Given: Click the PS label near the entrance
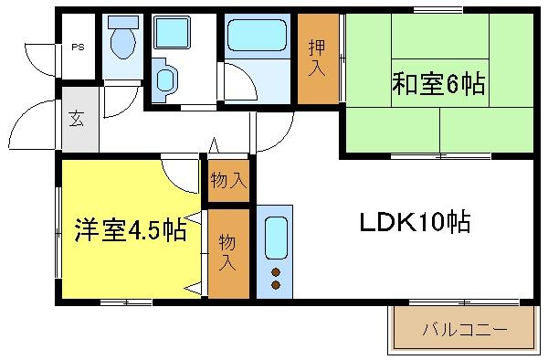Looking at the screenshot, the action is (x=78, y=47).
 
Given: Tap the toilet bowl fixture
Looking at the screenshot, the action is (x=123, y=43).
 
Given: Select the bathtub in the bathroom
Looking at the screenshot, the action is (x=257, y=35).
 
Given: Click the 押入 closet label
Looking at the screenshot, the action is (x=317, y=58).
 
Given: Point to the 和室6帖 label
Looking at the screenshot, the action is (x=438, y=83).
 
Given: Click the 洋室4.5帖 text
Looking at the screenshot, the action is (x=131, y=229).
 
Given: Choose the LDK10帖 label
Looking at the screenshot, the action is (x=415, y=221).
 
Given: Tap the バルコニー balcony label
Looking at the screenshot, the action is (x=465, y=330).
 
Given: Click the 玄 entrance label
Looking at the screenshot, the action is (x=77, y=118).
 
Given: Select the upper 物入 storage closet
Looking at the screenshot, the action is (x=228, y=180).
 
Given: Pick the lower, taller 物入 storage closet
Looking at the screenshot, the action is (x=228, y=254).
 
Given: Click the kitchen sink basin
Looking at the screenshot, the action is (x=276, y=238).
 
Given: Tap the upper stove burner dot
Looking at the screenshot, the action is (x=276, y=272).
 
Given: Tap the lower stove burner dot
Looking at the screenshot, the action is (x=276, y=285).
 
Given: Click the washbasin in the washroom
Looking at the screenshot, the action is (x=165, y=80).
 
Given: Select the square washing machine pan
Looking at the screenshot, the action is (x=172, y=32).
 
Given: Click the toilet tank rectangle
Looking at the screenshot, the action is (x=123, y=22).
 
